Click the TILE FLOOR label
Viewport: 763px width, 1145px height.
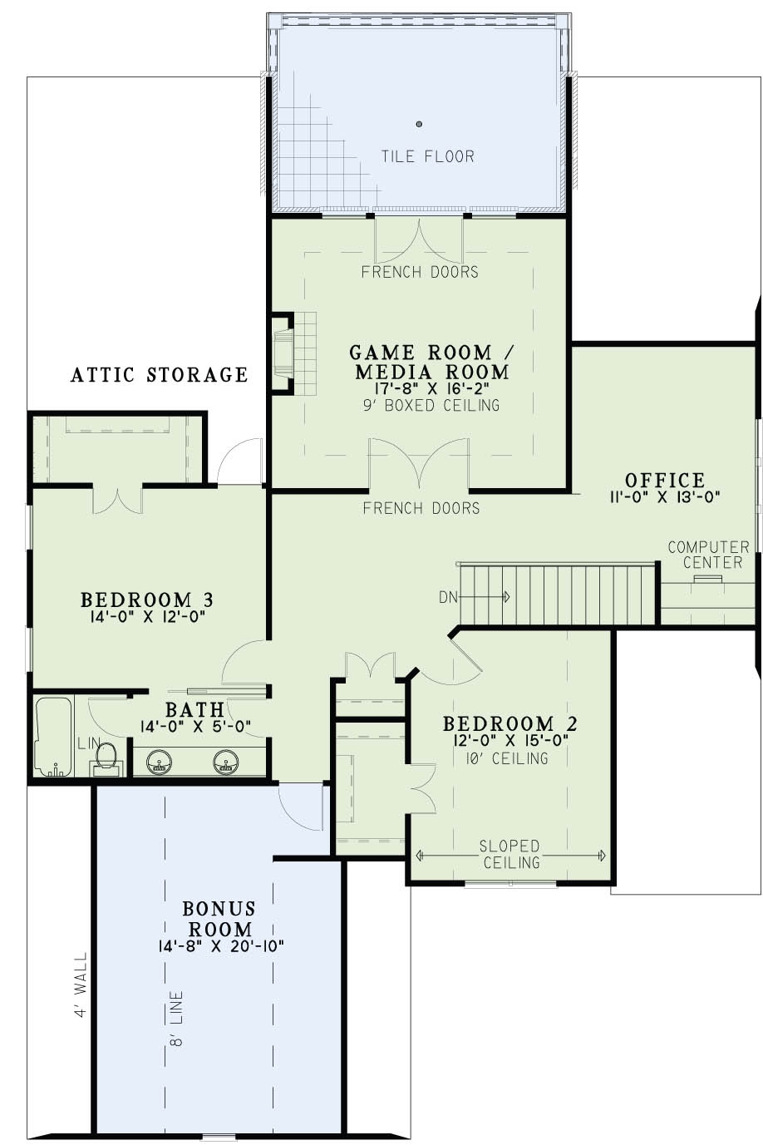pyautogui.click(x=427, y=155)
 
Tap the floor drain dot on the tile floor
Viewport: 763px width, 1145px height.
pyautogui.click(x=419, y=124)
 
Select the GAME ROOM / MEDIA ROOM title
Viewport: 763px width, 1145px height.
pyautogui.click(x=429, y=361)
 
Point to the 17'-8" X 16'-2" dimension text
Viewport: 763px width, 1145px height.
pyautogui.click(x=430, y=387)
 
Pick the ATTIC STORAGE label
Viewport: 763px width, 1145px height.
pyautogui.click(x=159, y=375)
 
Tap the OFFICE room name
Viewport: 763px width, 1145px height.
pyautogui.click(x=664, y=480)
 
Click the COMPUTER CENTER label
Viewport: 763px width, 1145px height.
pyautogui.click(x=708, y=555)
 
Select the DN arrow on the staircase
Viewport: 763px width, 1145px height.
pyautogui.click(x=486, y=596)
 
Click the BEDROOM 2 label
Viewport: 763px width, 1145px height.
pyautogui.click(x=509, y=723)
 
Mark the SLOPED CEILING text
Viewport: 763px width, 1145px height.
pyautogui.click(x=509, y=854)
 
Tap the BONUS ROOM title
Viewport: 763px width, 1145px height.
pyautogui.click(x=219, y=918)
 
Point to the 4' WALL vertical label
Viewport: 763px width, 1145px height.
pyautogui.click(x=81, y=985)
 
